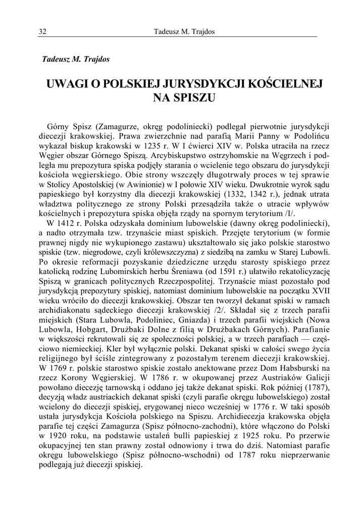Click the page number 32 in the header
[x=42, y=32]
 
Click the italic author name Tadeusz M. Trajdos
[x=75, y=59]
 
